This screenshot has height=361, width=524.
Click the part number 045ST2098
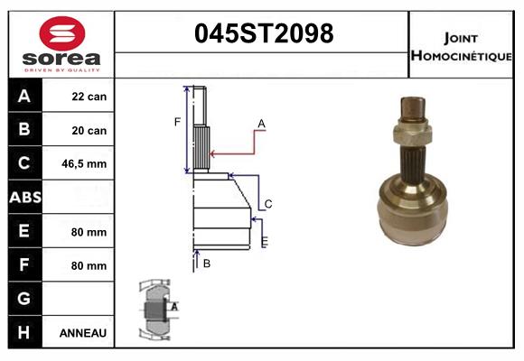pos(264,34)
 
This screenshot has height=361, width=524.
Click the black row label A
pos(24,97)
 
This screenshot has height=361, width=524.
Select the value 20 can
pos(89,131)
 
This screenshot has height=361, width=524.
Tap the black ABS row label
pos(24,198)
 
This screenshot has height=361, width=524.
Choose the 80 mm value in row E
pos(89,232)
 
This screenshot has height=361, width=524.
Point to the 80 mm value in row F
pos(89,265)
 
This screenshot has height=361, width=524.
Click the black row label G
pos(24,299)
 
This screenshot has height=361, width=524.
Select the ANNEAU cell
pos(83,333)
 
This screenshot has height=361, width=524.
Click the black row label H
pos(24,333)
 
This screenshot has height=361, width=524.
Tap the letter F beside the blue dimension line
pos(177,121)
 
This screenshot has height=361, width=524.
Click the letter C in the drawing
pos(268,204)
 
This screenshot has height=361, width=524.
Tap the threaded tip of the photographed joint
pos(412,106)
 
